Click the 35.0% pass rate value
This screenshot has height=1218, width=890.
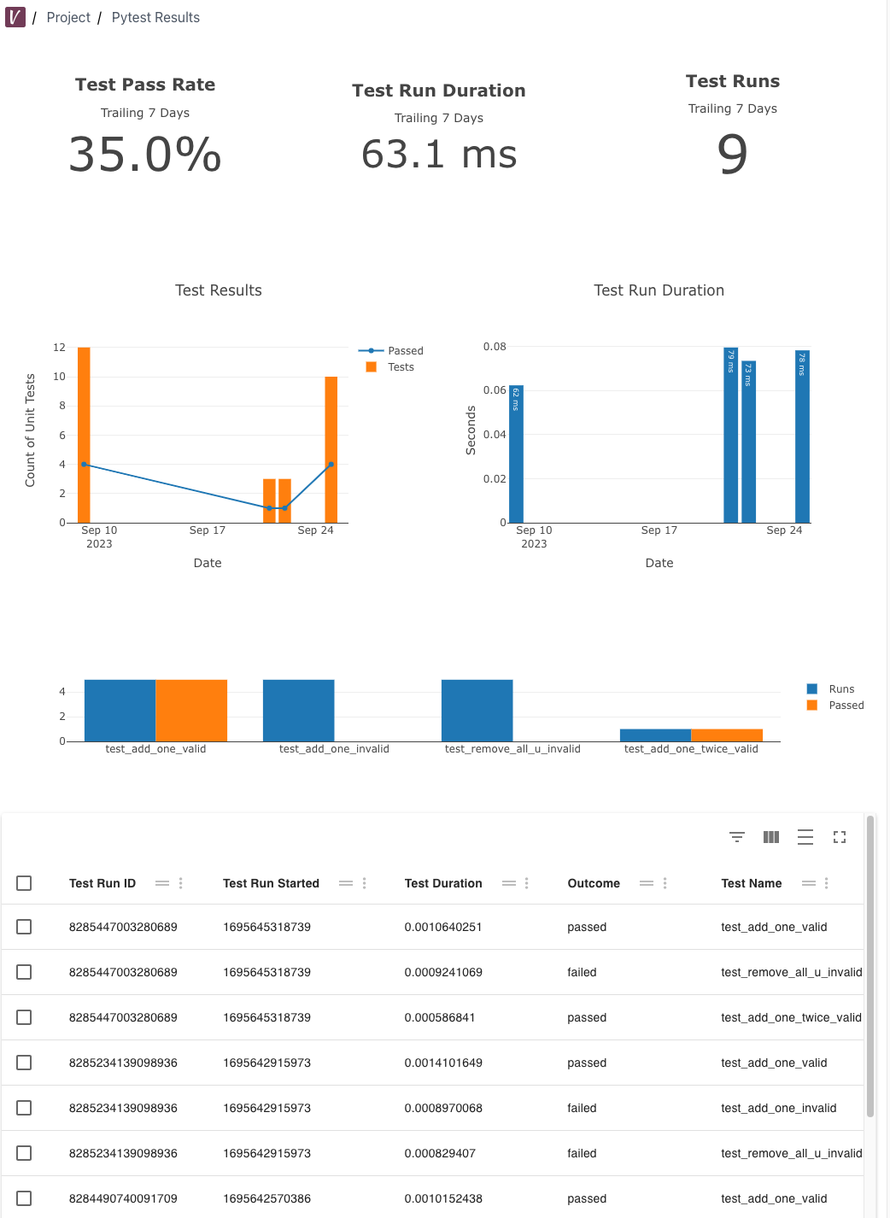(145, 155)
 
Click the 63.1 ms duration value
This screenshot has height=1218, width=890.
(439, 155)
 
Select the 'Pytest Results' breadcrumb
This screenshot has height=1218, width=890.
(155, 17)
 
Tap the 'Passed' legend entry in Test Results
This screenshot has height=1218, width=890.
(405, 350)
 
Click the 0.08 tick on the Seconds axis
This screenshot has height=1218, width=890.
(495, 346)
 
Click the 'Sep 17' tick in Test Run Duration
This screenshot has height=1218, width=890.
(659, 530)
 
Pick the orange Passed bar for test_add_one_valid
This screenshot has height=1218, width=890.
(191, 710)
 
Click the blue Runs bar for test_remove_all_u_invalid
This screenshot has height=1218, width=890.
(477, 710)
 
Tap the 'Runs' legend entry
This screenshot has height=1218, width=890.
(840, 688)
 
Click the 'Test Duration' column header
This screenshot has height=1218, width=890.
(443, 883)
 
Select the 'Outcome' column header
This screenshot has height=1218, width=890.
(594, 883)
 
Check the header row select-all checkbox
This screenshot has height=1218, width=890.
(24, 883)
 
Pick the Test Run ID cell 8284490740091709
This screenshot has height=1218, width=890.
(123, 1198)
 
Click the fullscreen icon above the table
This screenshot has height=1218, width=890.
(840, 837)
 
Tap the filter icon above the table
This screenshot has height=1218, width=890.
(737, 837)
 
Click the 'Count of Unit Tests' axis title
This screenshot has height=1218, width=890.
(31, 430)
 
